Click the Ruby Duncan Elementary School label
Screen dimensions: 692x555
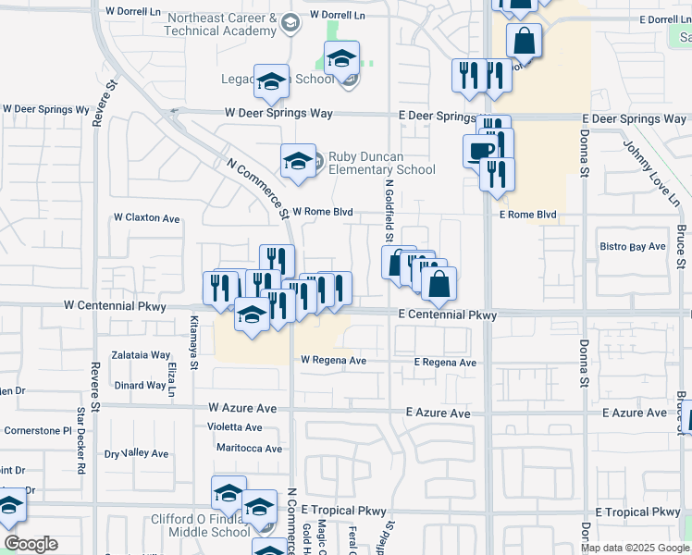(381, 163)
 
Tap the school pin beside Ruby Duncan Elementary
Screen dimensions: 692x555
(298, 160)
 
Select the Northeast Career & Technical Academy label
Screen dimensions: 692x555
(220, 24)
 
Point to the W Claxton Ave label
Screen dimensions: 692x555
(146, 218)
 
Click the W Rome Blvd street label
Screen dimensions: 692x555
(323, 212)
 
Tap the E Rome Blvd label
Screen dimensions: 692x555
(527, 215)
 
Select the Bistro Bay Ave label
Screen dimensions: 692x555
(633, 247)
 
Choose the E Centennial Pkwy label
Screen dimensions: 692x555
(448, 315)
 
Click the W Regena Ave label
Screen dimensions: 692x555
(333, 361)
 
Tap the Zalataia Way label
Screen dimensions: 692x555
(142, 355)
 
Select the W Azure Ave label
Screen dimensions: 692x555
(242, 407)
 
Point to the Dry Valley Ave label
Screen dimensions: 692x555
(136, 454)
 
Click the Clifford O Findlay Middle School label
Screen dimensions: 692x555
(201, 526)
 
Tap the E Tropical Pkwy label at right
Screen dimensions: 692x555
(637, 512)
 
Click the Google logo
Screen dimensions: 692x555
(31, 544)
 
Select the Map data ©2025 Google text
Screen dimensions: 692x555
(635, 548)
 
